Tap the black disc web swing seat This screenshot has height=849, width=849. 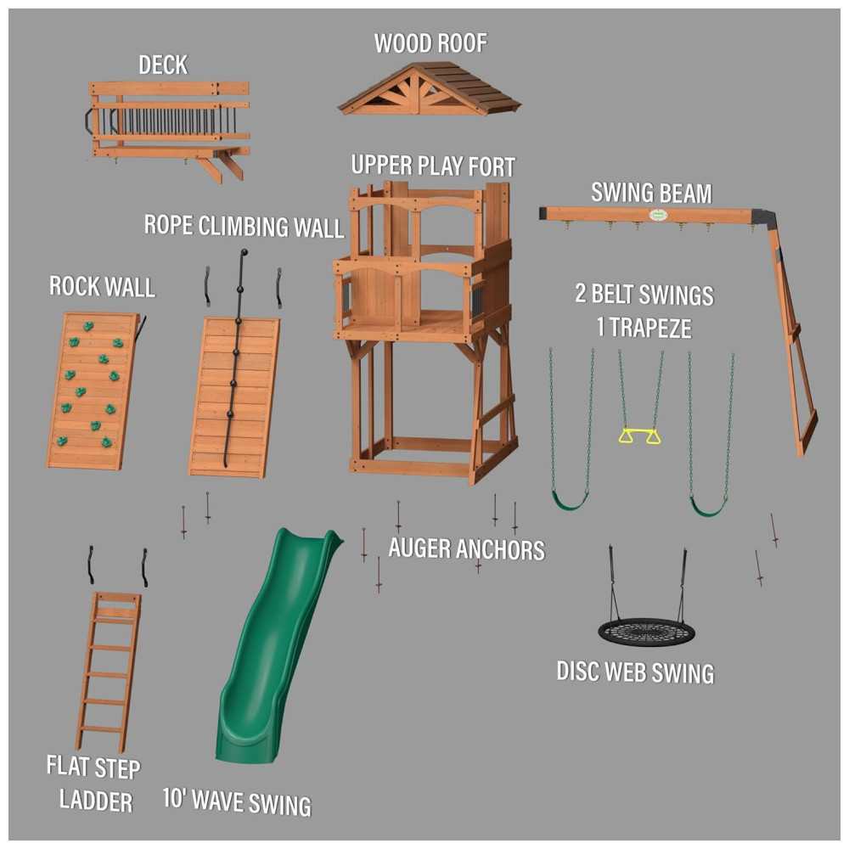[x=646, y=633]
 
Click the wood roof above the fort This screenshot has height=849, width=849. [x=429, y=88]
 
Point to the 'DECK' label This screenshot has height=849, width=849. [x=163, y=65]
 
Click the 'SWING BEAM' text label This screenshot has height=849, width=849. [x=651, y=194]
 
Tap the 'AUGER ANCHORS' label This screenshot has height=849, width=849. [x=466, y=549]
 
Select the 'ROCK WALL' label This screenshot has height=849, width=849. [x=103, y=286]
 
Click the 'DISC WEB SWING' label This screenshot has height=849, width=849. [x=635, y=672]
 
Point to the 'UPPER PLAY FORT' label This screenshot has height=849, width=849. [x=433, y=166]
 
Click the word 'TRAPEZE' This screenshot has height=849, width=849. [x=651, y=328]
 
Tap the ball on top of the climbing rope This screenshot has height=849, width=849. [x=245, y=252]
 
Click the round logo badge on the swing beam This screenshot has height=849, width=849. [x=658, y=215]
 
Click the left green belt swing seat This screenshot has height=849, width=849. [x=570, y=500]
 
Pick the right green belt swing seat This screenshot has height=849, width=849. [x=708, y=507]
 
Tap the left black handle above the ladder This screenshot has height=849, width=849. [x=91, y=565]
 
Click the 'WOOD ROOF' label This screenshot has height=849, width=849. [x=430, y=44]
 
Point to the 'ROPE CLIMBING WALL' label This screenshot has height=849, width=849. [x=244, y=227]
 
